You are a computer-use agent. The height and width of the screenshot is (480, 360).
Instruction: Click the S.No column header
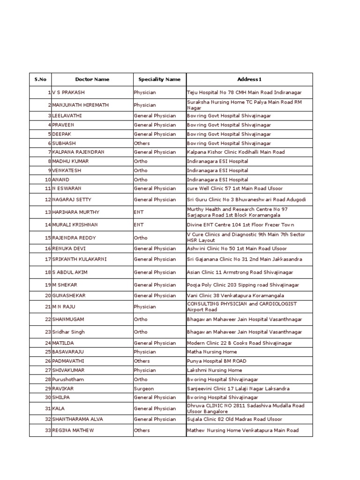click(40, 80)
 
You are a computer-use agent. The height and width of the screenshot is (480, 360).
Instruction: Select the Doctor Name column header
click(92, 80)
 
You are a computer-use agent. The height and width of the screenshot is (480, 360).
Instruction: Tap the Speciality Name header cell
click(159, 80)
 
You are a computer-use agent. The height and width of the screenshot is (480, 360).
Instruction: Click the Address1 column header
click(249, 80)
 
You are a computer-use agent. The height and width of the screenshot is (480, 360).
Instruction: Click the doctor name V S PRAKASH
click(68, 93)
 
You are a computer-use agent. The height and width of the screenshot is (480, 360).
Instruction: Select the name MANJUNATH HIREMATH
click(80, 105)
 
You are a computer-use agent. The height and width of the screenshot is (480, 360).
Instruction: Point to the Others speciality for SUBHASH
click(142, 143)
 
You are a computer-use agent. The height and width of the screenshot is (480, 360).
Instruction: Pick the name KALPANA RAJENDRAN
click(78, 152)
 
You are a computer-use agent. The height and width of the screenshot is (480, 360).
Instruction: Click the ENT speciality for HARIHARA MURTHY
click(139, 212)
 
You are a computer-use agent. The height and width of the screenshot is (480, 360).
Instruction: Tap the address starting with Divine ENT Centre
click(240, 225)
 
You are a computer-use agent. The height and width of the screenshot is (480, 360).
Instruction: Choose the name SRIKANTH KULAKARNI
click(81, 259)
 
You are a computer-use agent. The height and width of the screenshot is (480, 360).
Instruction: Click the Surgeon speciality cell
click(143, 389)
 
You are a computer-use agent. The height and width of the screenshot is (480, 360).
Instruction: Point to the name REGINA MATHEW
click(73, 430)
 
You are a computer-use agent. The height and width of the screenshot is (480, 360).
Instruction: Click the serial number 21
click(47, 307)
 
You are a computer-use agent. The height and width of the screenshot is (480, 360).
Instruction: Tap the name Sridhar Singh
click(69, 332)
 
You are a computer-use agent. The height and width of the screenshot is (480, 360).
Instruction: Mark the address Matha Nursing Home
click(212, 352)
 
